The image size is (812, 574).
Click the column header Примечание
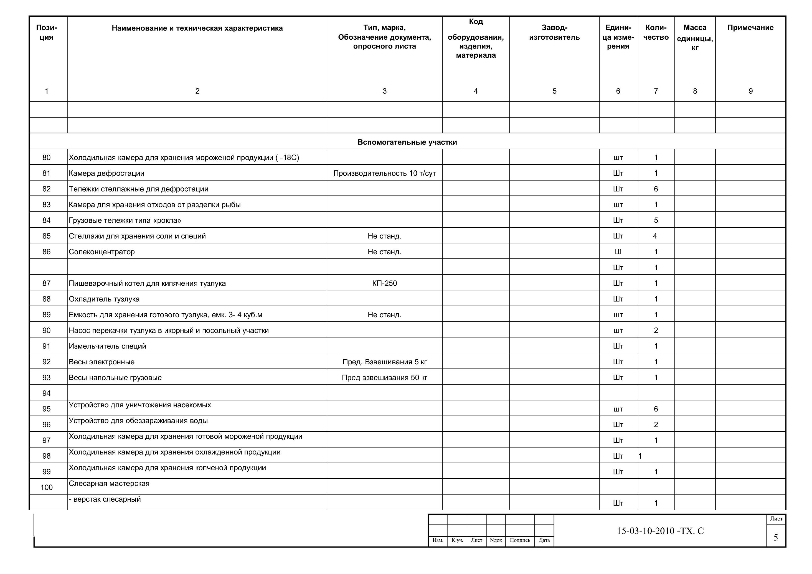tap(750, 27)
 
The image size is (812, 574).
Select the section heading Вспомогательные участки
tap(407, 142)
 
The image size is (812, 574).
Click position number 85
tap(46, 236)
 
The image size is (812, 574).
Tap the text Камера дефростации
tap(106, 173)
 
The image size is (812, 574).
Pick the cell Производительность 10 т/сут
tap(384, 173)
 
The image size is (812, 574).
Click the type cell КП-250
tap(384, 283)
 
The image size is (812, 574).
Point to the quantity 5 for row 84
tap(656, 220)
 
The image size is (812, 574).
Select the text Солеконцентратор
tap(102, 252)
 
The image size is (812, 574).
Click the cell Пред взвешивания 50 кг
tap(384, 377)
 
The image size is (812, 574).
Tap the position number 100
tap(46, 487)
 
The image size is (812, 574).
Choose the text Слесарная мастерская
tap(109, 483)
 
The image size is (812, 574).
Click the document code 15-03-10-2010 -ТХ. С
tap(660, 531)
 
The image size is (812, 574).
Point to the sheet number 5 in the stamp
tap(776, 538)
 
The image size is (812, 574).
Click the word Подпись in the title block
tap(520, 540)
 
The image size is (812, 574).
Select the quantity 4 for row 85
tap(655, 236)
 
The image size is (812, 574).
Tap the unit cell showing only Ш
tap(618, 252)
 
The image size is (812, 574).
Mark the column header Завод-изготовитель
tap(554, 32)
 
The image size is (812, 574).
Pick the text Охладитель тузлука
tap(104, 299)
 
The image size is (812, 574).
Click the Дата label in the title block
tap(544, 540)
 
